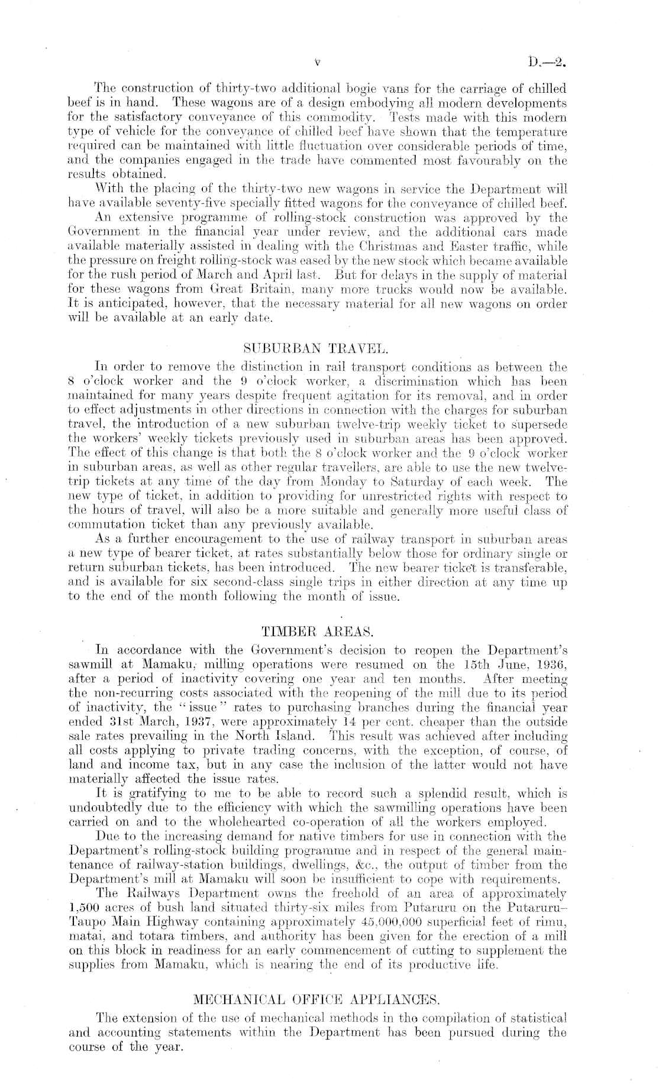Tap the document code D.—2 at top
[548, 61]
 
